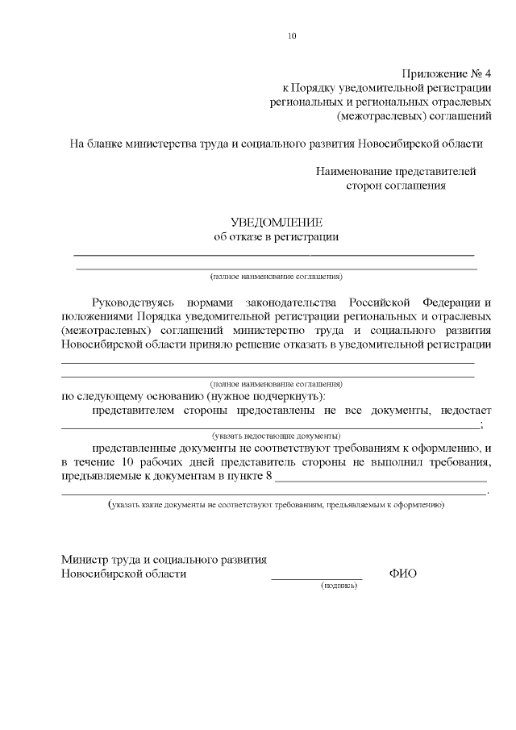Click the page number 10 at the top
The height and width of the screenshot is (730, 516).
click(x=292, y=35)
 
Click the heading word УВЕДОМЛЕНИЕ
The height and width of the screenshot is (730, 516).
click(x=277, y=223)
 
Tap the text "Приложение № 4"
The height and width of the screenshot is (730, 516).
click(x=447, y=73)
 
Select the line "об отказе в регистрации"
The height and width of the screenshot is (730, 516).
click(x=276, y=237)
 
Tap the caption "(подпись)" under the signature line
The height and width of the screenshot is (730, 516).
click(x=339, y=586)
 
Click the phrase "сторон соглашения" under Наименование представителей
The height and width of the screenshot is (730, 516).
click(x=396, y=186)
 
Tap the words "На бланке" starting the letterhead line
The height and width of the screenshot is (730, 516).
click(x=95, y=144)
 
